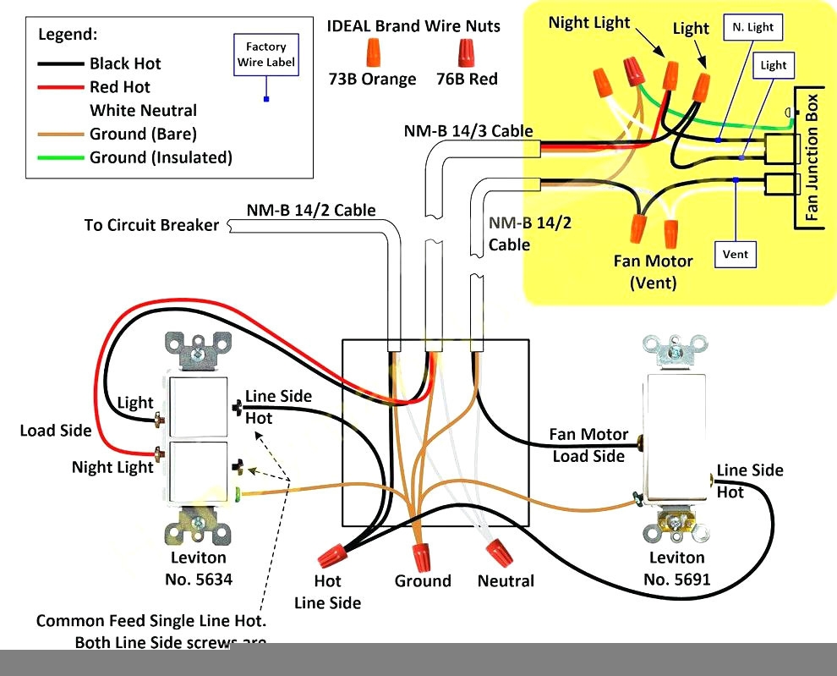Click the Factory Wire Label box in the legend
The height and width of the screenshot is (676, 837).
click(x=265, y=54)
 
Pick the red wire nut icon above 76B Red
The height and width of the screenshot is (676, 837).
click(x=466, y=52)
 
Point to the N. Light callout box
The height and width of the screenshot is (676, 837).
click(x=752, y=27)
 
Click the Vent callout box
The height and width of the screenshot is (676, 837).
click(x=735, y=254)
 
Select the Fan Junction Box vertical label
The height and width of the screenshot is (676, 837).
click(x=812, y=161)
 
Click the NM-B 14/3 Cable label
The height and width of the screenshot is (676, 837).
click(x=468, y=131)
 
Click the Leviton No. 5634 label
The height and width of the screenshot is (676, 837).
click(x=199, y=569)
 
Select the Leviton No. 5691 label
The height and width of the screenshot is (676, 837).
click(x=676, y=569)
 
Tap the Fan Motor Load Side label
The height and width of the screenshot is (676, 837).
click(x=588, y=445)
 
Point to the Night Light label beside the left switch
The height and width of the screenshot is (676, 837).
click(x=112, y=467)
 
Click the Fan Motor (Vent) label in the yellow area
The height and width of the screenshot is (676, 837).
click(x=653, y=272)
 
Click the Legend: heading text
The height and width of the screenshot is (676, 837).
click(x=68, y=35)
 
